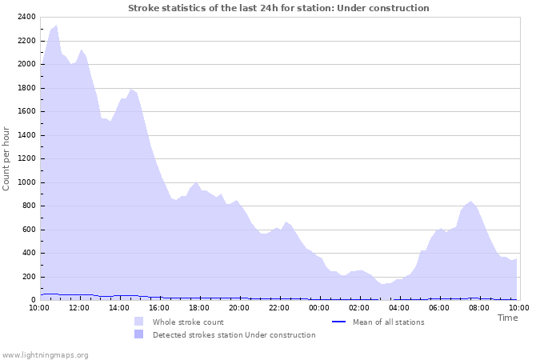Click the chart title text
(278, 8)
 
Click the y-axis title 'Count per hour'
(7, 158)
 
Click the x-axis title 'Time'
(507, 318)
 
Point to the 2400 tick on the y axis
(26, 17)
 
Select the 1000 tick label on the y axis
(26, 182)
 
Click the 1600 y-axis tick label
(26, 111)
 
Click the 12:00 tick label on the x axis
(79, 307)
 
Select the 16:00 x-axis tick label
(159, 307)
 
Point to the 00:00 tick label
(319, 307)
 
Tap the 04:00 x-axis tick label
(399, 307)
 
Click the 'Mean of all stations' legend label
(388, 322)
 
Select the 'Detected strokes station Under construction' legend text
(234, 335)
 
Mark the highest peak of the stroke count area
(55, 25)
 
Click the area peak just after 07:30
(471, 202)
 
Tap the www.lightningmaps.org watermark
(45, 354)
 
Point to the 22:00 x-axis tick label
(279, 307)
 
